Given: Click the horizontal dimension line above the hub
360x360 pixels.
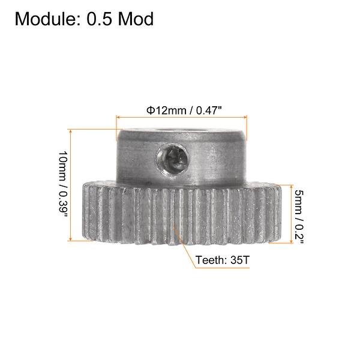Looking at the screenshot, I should click(x=182, y=118).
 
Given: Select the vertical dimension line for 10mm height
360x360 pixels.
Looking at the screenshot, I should click(x=71, y=184).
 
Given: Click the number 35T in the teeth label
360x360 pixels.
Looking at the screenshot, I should click(x=238, y=261).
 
